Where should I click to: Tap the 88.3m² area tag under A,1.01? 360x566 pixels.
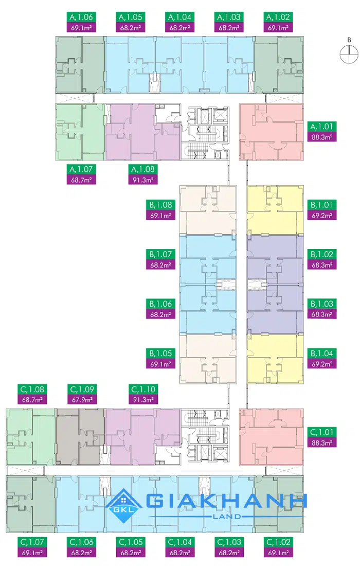click(x=322, y=137)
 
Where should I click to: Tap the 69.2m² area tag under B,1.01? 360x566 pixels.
click(x=322, y=216)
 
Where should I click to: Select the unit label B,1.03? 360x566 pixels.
click(x=322, y=304)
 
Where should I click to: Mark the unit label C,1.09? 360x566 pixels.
click(x=80, y=389)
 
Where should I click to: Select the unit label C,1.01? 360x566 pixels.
click(x=322, y=432)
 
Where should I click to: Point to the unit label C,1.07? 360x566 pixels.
click(x=31, y=542)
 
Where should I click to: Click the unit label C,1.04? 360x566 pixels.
click(x=179, y=542)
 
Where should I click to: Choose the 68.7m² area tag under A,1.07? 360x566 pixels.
click(x=80, y=180)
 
